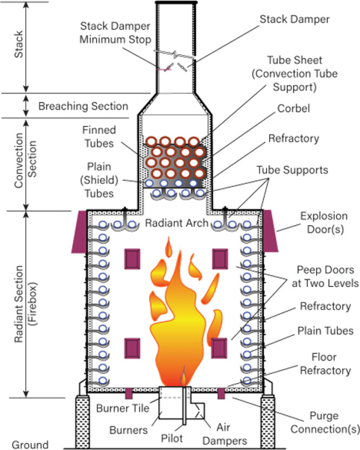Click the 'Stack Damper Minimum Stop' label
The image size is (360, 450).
115,33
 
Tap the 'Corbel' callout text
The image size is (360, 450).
294,109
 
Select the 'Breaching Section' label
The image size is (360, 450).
83,107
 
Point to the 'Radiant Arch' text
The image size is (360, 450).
177,223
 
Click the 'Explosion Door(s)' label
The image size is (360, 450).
323,223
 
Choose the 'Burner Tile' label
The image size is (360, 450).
122,408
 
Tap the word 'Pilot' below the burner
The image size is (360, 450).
171,438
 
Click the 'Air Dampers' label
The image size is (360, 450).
224,434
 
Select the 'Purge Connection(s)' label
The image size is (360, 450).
325,422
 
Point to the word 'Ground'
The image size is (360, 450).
30,445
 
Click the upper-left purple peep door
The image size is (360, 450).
133,259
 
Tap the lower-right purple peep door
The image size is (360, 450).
219,348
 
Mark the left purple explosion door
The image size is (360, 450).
79,232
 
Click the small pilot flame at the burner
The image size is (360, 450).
183,376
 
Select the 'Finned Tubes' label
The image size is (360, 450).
99,136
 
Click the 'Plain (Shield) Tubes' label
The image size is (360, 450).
99,180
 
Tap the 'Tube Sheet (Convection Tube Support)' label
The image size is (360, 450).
294,74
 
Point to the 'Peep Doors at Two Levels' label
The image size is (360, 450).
325,276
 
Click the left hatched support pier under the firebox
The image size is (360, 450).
82,421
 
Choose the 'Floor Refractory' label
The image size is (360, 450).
325,364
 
